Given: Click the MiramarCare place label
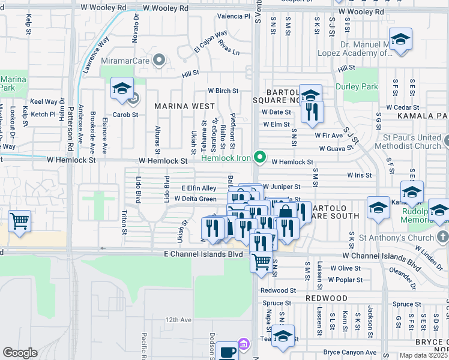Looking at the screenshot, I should coord(128,60).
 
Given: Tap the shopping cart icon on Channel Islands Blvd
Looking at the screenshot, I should coord(261,262).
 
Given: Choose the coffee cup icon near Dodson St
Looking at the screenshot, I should coord(227,352).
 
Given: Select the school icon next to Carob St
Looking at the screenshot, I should coord(122,89).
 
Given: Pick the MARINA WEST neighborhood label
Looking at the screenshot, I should coord(184,106).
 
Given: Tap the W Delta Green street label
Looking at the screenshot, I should coord(195,199).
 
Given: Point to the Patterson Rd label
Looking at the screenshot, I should coord(70,130).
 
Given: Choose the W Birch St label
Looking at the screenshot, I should coord(223,91).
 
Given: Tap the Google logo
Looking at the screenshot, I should coord(20,353).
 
